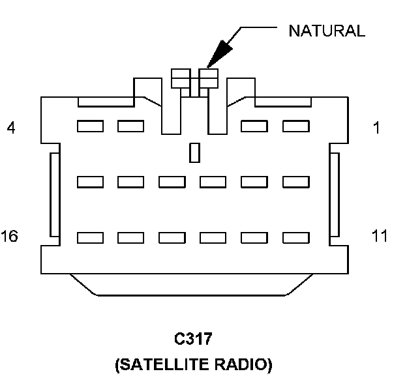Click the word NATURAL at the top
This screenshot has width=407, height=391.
(x=326, y=31)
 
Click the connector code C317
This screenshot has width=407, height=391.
(x=194, y=340)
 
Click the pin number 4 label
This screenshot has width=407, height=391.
(x=10, y=128)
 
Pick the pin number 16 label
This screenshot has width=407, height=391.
(x=10, y=235)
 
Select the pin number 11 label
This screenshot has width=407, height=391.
(x=380, y=235)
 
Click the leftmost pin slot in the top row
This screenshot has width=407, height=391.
(x=89, y=126)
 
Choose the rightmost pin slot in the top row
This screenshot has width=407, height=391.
(x=294, y=126)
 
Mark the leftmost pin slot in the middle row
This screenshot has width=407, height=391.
(x=89, y=182)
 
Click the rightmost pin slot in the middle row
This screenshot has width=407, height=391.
(x=294, y=182)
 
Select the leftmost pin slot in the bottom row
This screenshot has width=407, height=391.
(x=89, y=237)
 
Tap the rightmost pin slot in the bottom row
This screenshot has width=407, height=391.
(x=294, y=237)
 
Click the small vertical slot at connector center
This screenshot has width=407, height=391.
(x=194, y=153)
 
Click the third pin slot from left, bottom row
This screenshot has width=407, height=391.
(x=172, y=237)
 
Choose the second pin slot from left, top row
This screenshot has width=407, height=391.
(x=130, y=126)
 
